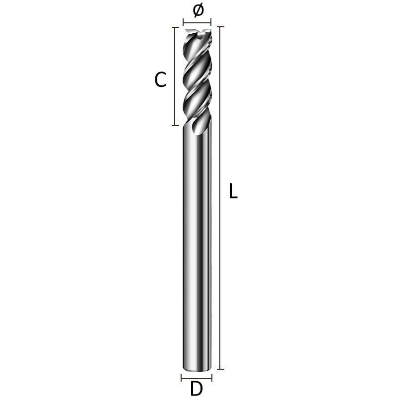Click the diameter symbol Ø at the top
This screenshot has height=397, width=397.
[x=198, y=10]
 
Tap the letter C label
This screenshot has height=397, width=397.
[x=160, y=79]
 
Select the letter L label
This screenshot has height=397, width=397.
[x=233, y=192]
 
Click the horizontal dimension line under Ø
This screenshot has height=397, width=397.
[x=197, y=22]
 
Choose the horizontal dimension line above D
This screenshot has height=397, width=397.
[x=197, y=377]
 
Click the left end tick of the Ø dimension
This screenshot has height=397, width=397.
[x=183, y=22]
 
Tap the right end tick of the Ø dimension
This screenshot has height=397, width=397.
[x=211, y=22]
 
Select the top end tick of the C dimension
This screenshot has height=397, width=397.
[x=175, y=27]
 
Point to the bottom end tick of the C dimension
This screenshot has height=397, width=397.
[x=175, y=126]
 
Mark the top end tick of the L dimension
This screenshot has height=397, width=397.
[x=221, y=27]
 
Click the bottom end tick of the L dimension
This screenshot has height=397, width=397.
[x=221, y=369]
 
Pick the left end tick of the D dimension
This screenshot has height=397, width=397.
[x=183, y=377]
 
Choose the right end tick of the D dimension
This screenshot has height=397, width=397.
[x=211, y=377]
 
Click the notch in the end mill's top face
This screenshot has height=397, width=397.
[x=198, y=34]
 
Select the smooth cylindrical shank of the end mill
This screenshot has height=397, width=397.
[x=197, y=248]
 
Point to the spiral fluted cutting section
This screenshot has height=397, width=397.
[x=197, y=79]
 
